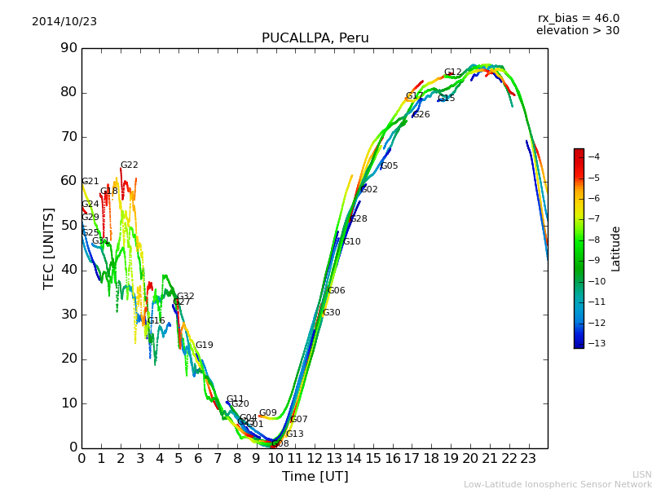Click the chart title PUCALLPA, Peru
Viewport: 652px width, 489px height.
(315, 38)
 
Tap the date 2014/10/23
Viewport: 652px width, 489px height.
(64, 22)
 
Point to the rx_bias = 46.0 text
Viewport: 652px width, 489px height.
(578, 19)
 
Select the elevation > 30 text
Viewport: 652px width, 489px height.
(577, 31)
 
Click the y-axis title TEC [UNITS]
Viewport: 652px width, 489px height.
(49, 248)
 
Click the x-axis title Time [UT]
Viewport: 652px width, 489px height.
(315, 477)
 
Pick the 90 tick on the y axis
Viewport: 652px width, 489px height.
(68, 48)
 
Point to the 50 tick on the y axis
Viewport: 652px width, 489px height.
(68, 226)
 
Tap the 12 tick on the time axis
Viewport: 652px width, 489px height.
(315, 458)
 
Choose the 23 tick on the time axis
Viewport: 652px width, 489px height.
(528, 458)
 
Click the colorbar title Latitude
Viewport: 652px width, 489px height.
(616, 249)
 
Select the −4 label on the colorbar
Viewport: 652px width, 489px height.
(593, 156)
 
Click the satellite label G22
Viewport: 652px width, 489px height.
(130, 165)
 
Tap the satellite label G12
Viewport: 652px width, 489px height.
(452, 73)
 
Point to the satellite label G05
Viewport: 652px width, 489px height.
(389, 166)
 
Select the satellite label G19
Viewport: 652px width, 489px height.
(204, 346)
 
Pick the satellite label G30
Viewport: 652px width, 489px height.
(331, 313)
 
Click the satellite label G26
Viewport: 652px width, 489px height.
(421, 115)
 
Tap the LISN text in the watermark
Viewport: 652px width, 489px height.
(641, 474)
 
